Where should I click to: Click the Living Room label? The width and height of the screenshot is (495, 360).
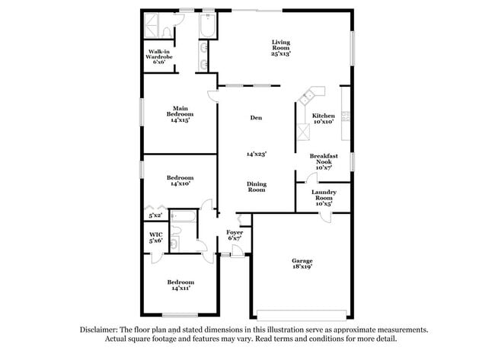[x=281, y=47]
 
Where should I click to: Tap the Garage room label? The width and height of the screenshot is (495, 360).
[x=302, y=261]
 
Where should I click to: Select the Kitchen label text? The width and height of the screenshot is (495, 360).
[x=323, y=116]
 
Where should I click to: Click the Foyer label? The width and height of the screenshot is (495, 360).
[x=235, y=232]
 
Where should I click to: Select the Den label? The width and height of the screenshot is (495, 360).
[x=257, y=117]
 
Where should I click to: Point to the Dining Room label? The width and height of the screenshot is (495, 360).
[x=256, y=186]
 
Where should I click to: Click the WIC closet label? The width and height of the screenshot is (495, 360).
[x=156, y=235]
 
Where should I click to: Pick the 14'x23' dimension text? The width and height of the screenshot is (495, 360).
[x=257, y=154]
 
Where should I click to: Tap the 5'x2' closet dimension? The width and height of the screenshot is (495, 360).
[x=155, y=215]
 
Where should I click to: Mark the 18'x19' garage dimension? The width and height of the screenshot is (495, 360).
[x=302, y=267]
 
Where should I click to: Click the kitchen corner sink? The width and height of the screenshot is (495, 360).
[x=308, y=97]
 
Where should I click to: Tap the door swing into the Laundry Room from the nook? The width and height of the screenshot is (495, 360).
[x=311, y=179]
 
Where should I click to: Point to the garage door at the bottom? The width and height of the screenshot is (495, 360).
[x=302, y=314]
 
